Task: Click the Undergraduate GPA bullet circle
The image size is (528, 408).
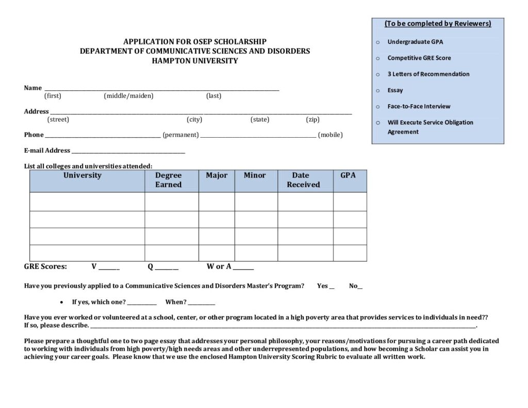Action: [x=377, y=42]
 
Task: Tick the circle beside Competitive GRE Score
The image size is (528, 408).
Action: [x=377, y=58]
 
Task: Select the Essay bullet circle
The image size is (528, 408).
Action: [x=377, y=90]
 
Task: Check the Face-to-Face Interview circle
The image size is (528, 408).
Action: [x=377, y=106]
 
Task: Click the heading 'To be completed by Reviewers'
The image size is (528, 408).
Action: [x=438, y=24]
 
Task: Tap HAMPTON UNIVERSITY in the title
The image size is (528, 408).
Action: [x=195, y=60]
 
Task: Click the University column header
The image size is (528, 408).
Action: [x=82, y=175]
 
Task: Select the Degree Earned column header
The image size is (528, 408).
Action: [x=169, y=180]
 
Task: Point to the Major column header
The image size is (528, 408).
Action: [x=217, y=175]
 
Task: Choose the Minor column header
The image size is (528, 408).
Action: [x=255, y=175]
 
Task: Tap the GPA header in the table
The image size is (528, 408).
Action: [x=348, y=175]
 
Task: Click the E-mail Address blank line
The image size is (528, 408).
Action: [x=128, y=152]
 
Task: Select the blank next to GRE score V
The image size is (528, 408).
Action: [x=109, y=268]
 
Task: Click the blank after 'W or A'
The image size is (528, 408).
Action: [x=243, y=268]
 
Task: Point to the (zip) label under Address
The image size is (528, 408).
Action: [x=312, y=120]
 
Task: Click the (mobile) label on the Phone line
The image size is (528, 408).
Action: [x=330, y=135]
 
